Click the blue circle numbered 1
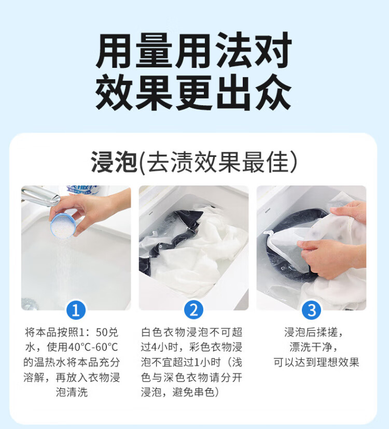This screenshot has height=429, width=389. click(76, 310)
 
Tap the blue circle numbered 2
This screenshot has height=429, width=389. click(193, 310)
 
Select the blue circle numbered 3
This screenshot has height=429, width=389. click(311, 310)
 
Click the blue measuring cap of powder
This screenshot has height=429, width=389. click(63, 226)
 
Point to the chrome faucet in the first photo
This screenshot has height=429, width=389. click(40, 195)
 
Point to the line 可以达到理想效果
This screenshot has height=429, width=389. click(316, 362)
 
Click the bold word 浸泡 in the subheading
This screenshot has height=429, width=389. click(114, 162)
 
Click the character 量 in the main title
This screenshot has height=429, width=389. click(154, 51)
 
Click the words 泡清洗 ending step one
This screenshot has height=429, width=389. click(72, 392)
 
